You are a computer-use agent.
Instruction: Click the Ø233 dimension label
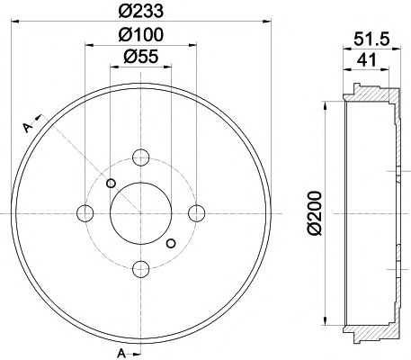click(140, 13)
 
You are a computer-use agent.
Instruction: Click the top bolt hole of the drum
click(140, 157)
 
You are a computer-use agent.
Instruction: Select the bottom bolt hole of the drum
click(140, 268)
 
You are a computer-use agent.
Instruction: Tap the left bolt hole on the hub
click(85, 212)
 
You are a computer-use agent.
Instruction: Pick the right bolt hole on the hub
click(196, 212)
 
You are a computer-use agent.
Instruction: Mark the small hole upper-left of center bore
click(111, 184)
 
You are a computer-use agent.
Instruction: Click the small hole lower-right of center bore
click(171, 242)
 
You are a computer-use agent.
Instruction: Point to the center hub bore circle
click(140, 212)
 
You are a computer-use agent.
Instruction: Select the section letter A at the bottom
click(121, 351)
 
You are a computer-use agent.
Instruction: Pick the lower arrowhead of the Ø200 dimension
click(325, 320)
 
